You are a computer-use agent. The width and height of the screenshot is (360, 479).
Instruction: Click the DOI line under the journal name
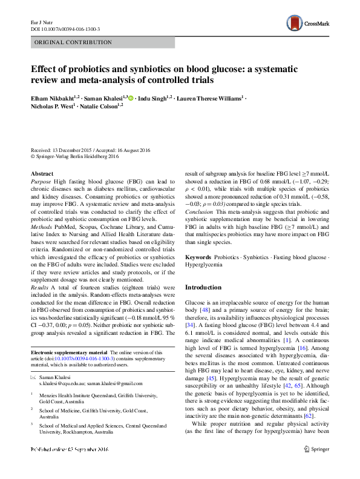(x=65, y=28)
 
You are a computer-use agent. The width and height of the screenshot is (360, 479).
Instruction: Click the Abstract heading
(x=42, y=173)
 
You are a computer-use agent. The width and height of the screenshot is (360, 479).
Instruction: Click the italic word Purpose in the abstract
(x=41, y=181)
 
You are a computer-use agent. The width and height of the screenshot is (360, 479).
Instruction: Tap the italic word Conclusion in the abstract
(x=199, y=212)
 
